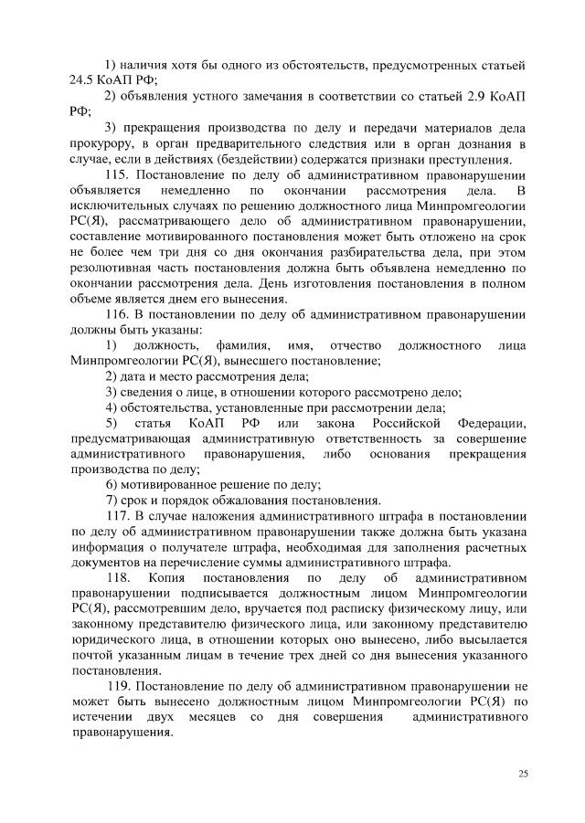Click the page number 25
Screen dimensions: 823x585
pos(523,774)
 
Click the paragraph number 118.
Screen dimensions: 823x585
pos(121,578)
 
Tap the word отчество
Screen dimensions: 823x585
pos(354,346)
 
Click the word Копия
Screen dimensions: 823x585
pos(184,578)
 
